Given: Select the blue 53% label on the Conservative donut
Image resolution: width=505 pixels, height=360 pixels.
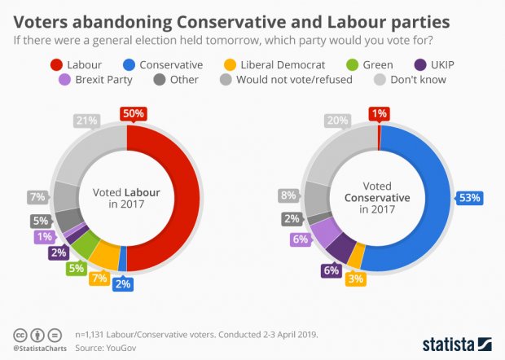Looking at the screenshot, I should click(x=469, y=197).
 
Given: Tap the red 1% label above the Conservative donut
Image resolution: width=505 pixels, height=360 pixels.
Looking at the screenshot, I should click(x=379, y=114).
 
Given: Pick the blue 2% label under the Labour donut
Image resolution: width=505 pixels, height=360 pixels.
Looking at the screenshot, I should click(x=123, y=284).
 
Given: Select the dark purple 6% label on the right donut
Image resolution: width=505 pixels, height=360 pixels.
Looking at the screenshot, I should click(x=331, y=270).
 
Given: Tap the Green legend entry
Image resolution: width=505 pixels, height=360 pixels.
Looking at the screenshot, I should click(x=370, y=63).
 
